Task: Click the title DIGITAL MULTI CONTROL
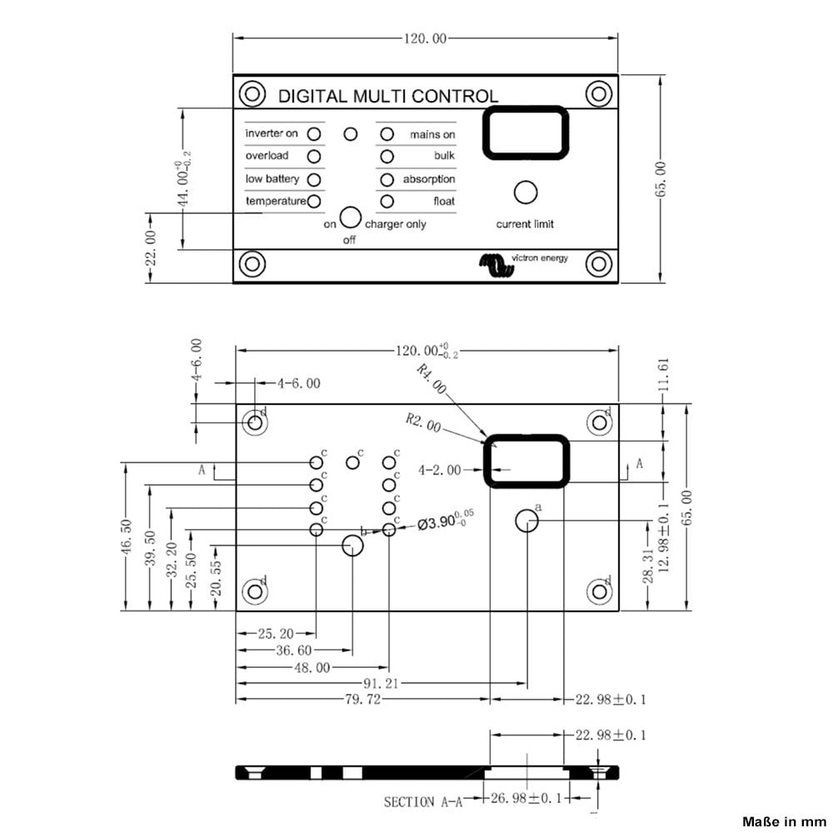coord(387,96)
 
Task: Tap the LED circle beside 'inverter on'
coord(314,133)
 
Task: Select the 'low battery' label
coord(272,179)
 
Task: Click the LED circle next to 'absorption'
coord(387,179)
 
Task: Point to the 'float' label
coord(443,201)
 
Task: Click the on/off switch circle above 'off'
coord(351,218)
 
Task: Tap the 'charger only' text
coord(395,224)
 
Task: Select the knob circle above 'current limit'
coord(525,192)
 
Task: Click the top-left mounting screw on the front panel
coord(252,94)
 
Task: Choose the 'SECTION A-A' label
coord(420,802)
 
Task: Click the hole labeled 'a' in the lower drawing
coord(526,521)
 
